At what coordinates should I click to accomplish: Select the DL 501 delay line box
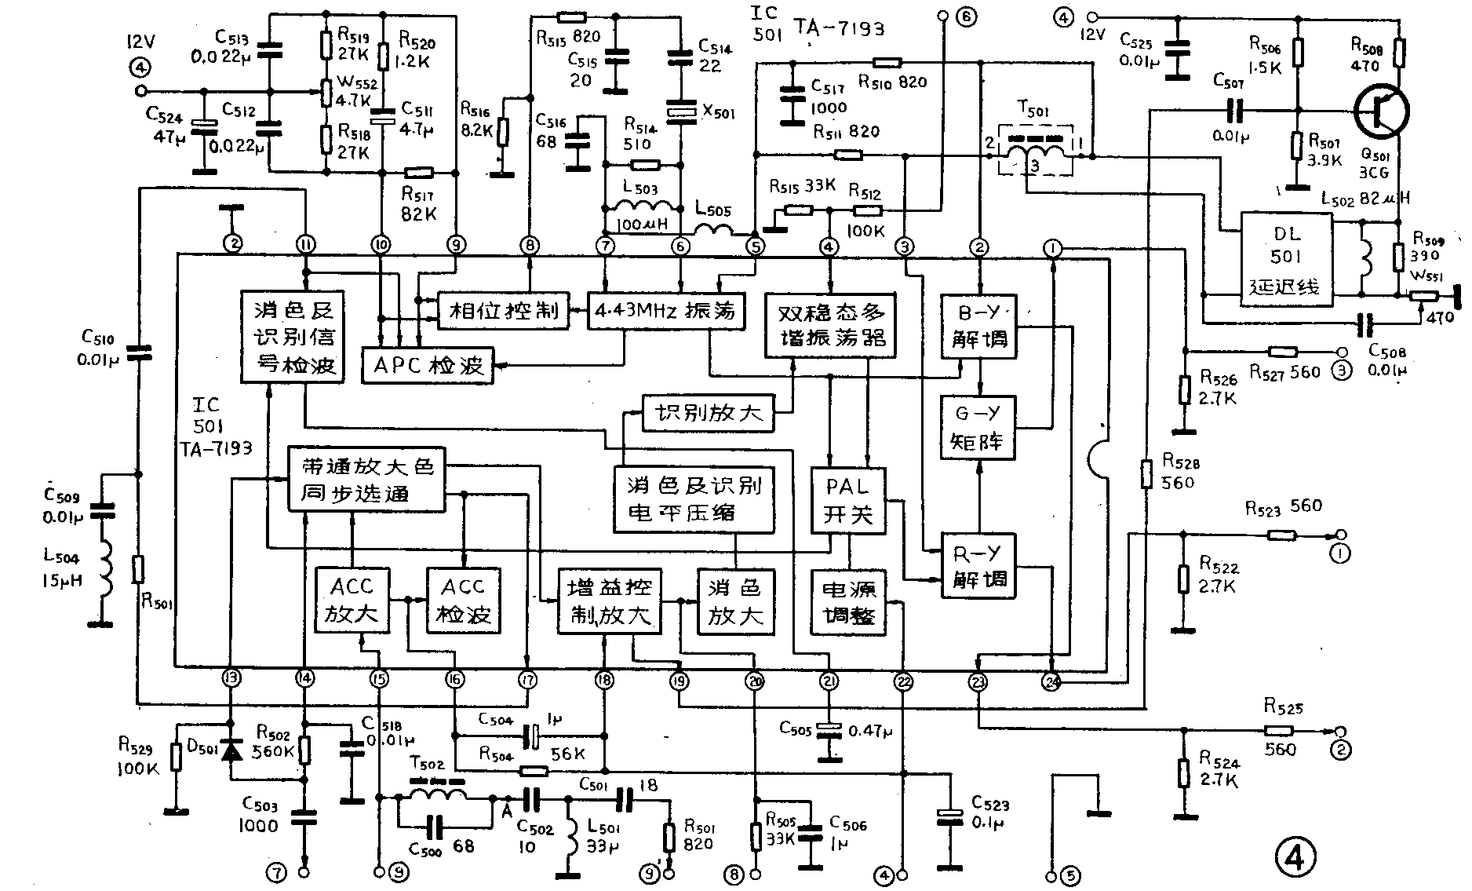(1287, 260)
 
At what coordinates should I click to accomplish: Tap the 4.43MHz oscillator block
(665, 310)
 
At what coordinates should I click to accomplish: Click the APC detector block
(428, 366)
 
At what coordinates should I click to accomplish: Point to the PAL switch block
(849, 501)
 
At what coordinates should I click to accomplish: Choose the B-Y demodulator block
(979, 327)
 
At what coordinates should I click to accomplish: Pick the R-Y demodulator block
(978, 567)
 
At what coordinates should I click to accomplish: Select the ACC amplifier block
(352, 601)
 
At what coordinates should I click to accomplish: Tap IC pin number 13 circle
(231, 677)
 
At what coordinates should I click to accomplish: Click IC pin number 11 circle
(306, 246)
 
